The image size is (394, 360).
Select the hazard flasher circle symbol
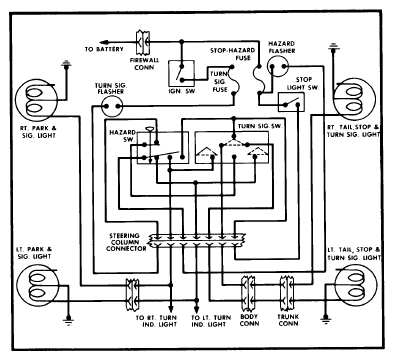point(278,66)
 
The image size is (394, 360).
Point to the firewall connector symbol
point(143,42)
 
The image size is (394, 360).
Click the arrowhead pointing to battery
point(104,42)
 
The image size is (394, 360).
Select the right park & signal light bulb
point(37,99)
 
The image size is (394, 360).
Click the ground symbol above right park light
point(67,63)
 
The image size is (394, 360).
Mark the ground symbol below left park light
point(69,320)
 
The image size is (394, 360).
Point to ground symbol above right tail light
point(333,47)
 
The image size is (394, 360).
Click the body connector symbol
point(248,293)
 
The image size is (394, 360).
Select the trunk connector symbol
point(287,293)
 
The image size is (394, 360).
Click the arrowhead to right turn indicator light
point(171,308)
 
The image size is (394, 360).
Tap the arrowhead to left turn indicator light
point(196,309)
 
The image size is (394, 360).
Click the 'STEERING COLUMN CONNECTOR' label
point(126,242)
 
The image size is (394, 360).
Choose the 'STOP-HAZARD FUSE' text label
point(233,54)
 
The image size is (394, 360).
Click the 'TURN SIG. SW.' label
point(260,126)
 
